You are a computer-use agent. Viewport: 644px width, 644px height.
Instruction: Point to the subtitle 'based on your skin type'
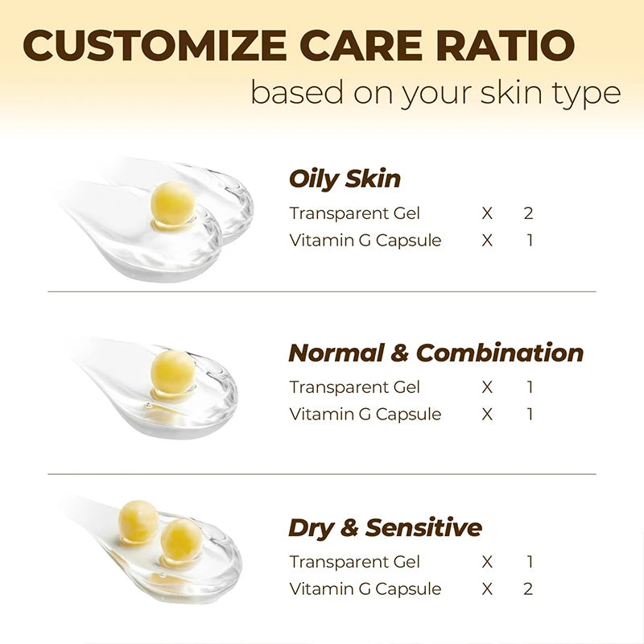[x=436, y=93]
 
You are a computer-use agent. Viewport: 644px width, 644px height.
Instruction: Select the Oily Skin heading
[x=345, y=179]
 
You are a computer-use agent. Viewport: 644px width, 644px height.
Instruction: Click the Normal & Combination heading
[x=436, y=353]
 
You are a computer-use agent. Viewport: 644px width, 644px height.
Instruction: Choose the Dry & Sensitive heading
[x=385, y=528]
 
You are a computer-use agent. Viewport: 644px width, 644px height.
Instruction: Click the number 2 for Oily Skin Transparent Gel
[x=529, y=213]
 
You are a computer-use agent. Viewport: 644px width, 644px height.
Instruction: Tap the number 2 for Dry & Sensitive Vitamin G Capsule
[x=529, y=588]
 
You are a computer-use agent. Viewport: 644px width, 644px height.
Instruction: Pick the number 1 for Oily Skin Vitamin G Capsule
[x=530, y=240]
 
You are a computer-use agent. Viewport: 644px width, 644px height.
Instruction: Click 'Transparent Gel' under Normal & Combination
[x=354, y=387]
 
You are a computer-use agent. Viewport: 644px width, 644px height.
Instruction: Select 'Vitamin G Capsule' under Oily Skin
[x=365, y=240]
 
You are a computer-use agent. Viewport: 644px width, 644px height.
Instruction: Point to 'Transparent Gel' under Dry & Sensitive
[x=354, y=562]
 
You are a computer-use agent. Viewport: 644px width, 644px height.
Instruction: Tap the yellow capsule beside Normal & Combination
[x=173, y=371]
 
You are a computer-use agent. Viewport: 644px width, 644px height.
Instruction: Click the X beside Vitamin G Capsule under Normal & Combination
[x=487, y=415]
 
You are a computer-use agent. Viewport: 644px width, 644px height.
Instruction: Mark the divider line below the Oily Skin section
[x=322, y=291]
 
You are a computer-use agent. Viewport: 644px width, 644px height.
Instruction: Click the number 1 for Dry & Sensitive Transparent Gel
[x=530, y=562]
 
